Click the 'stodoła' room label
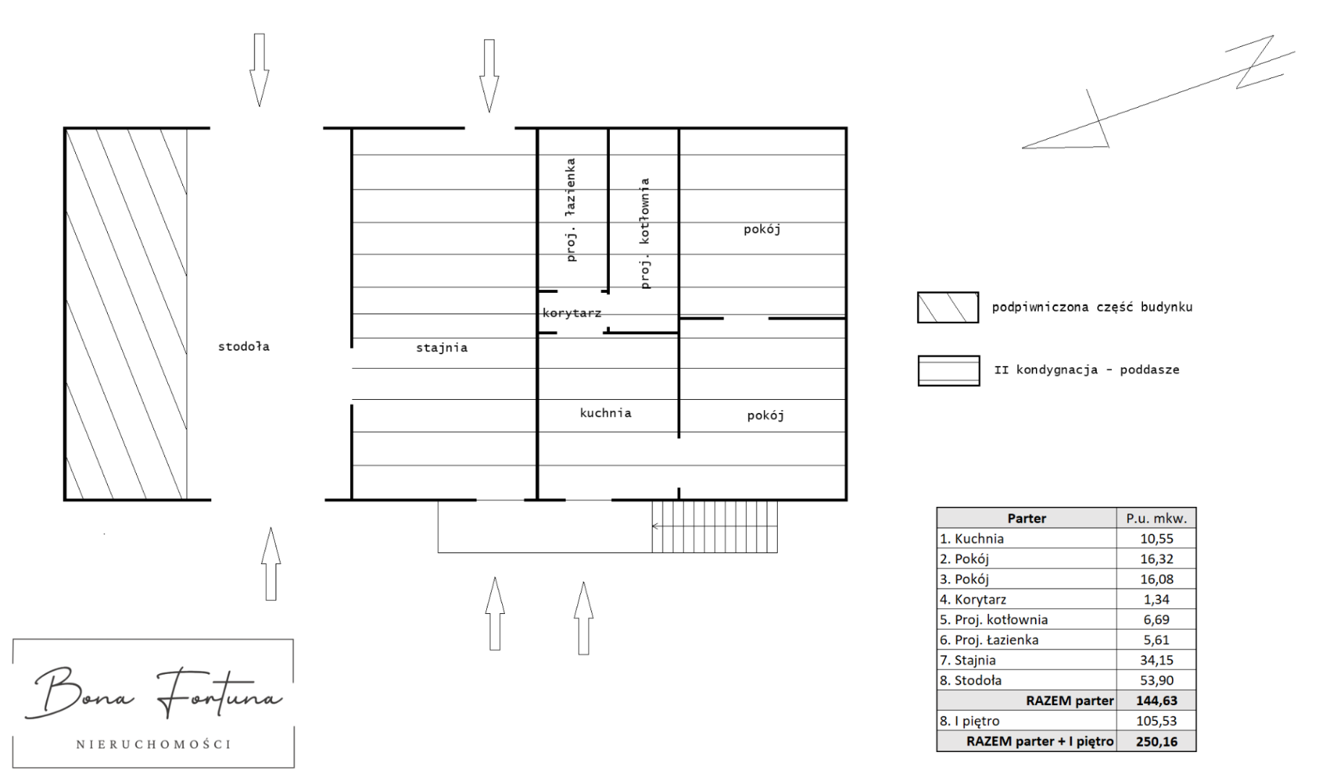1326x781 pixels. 244,346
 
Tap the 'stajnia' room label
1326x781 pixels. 441,348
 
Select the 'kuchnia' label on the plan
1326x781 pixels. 605,413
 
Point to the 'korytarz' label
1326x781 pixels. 571,313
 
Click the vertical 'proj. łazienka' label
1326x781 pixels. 571,210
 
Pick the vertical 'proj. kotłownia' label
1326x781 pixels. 645,234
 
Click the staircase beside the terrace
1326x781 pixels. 715,526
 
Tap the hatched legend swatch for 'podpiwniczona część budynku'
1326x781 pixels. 948,307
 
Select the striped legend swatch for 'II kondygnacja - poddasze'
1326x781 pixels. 948,371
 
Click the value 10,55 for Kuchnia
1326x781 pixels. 1156,539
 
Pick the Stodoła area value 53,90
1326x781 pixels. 1156,680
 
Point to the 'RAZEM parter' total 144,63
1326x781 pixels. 1156,701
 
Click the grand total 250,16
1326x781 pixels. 1156,741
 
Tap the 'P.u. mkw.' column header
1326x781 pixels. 1156,518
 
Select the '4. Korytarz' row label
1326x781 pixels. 973,599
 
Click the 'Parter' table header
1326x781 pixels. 1027,518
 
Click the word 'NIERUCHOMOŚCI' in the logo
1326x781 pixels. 153,744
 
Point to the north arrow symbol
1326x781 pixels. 1158,92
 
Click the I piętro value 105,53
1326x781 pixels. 1156,721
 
